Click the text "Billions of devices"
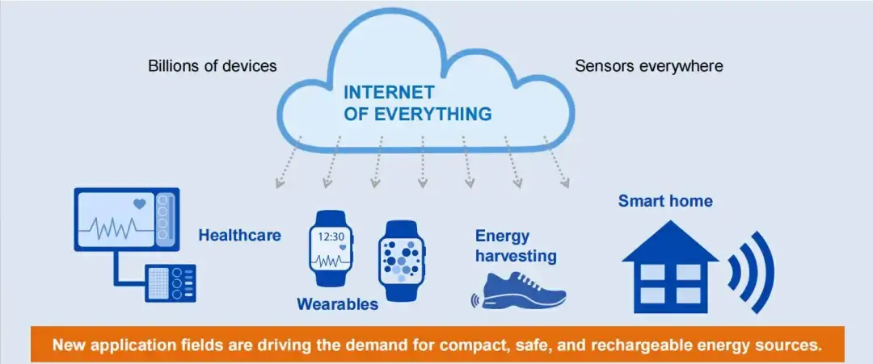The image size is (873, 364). (x=212, y=66)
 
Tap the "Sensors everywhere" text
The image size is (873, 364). (x=649, y=66)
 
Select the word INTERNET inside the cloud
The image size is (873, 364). (x=389, y=91)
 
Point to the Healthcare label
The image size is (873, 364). (x=240, y=236)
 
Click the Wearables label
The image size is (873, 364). (x=337, y=304)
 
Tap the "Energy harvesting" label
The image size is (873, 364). (x=516, y=246)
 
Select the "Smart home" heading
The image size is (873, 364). (x=665, y=201)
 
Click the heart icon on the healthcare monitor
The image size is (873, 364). (x=139, y=204)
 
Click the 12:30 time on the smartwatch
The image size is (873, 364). (x=331, y=236)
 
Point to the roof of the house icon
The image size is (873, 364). (x=670, y=241)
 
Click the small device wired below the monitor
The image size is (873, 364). (x=171, y=282)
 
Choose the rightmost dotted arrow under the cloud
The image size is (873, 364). (x=556, y=161)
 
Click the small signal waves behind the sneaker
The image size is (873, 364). (x=475, y=301)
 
